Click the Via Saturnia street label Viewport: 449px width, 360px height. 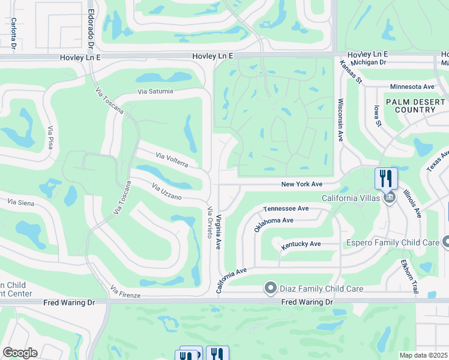coord(155,91)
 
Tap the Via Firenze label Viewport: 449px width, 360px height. coord(125,293)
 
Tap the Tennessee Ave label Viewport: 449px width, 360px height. coord(286,208)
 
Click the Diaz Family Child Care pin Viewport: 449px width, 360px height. coord(270,289)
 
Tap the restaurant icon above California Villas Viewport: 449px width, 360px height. coord(386,178)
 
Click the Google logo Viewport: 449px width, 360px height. coord(20,353)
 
